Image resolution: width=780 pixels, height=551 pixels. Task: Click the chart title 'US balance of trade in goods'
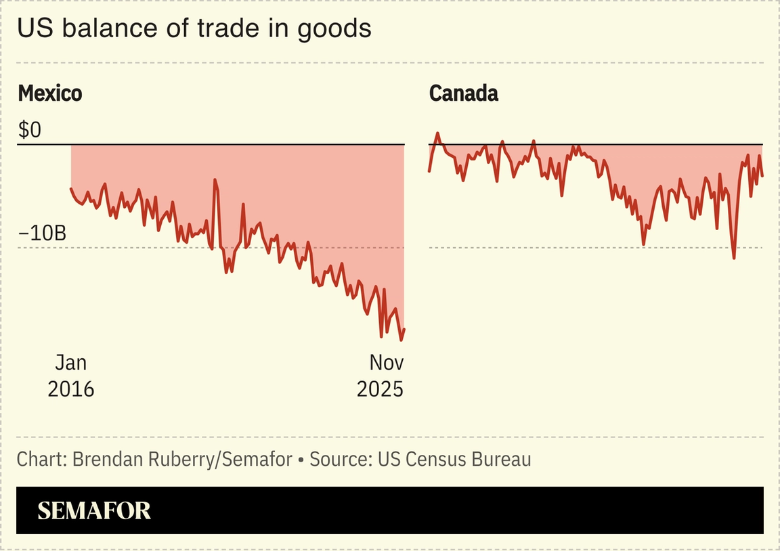coord(194,28)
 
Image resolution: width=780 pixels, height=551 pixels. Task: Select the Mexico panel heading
coord(49,93)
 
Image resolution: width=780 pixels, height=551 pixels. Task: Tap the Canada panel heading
coord(463,93)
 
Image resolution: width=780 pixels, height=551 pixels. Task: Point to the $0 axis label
coord(30,130)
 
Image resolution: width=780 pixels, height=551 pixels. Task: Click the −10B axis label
coord(42,234)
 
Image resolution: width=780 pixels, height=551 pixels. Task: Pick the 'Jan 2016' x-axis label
coord(70,376)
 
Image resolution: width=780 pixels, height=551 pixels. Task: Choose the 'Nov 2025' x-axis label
coord(380,376)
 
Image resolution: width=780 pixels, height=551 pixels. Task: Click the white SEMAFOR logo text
coord(94,510)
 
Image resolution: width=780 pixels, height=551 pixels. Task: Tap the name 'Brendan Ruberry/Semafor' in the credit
coord(182,460)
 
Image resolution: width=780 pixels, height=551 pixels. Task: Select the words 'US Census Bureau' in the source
coord(454,460)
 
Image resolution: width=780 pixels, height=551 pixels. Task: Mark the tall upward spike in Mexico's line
coord(215,180)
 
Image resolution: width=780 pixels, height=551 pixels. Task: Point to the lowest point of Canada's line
coord(734,258)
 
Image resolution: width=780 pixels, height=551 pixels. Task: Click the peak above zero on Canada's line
coord(437,133)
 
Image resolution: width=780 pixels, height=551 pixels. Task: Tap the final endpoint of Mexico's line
coord(404,330)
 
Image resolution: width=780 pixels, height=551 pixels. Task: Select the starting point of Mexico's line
coord(71,189)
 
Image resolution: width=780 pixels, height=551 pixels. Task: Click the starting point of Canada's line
coord(429,171)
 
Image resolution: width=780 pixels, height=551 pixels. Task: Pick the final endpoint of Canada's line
coord(762,176)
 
